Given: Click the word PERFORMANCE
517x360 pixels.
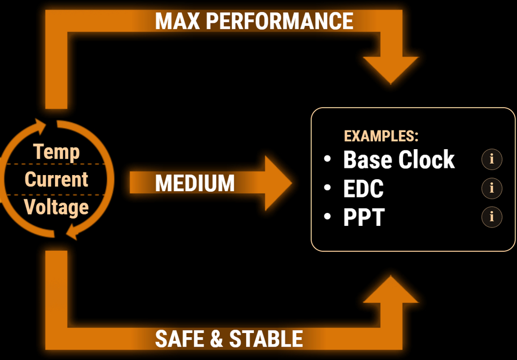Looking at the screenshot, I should click(279, 21).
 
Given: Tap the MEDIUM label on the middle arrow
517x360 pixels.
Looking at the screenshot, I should click(195, 183).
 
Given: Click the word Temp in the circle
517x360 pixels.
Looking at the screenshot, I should click(56, 152).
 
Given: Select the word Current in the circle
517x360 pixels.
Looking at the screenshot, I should click(56, 179).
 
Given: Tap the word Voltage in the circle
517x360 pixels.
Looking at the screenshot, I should click(56, 207).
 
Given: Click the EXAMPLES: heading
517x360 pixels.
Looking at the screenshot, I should click(381, 136).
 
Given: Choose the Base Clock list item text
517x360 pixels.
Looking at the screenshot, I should click(399, 160).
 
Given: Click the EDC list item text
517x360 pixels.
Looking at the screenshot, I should click(363, 189).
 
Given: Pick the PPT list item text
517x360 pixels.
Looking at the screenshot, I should click(364, 218).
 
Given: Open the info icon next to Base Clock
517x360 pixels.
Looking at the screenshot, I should click(492, 160).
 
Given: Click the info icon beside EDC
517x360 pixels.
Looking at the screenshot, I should click(492, 188).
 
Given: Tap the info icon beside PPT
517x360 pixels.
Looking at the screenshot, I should click(492, 217).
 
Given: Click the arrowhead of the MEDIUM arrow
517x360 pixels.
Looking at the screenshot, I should click(277, 183).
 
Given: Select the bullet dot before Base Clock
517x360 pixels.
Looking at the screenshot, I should click(327, 159).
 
